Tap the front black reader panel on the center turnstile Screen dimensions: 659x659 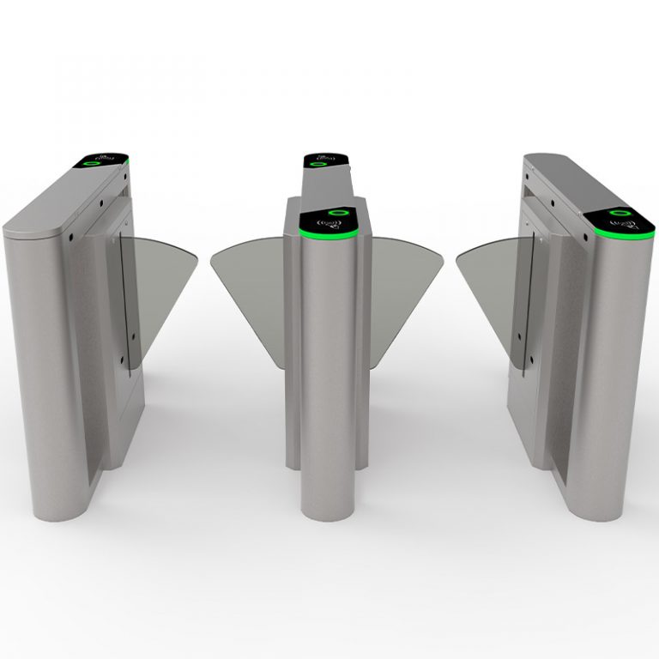click(x=329, y=221)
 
